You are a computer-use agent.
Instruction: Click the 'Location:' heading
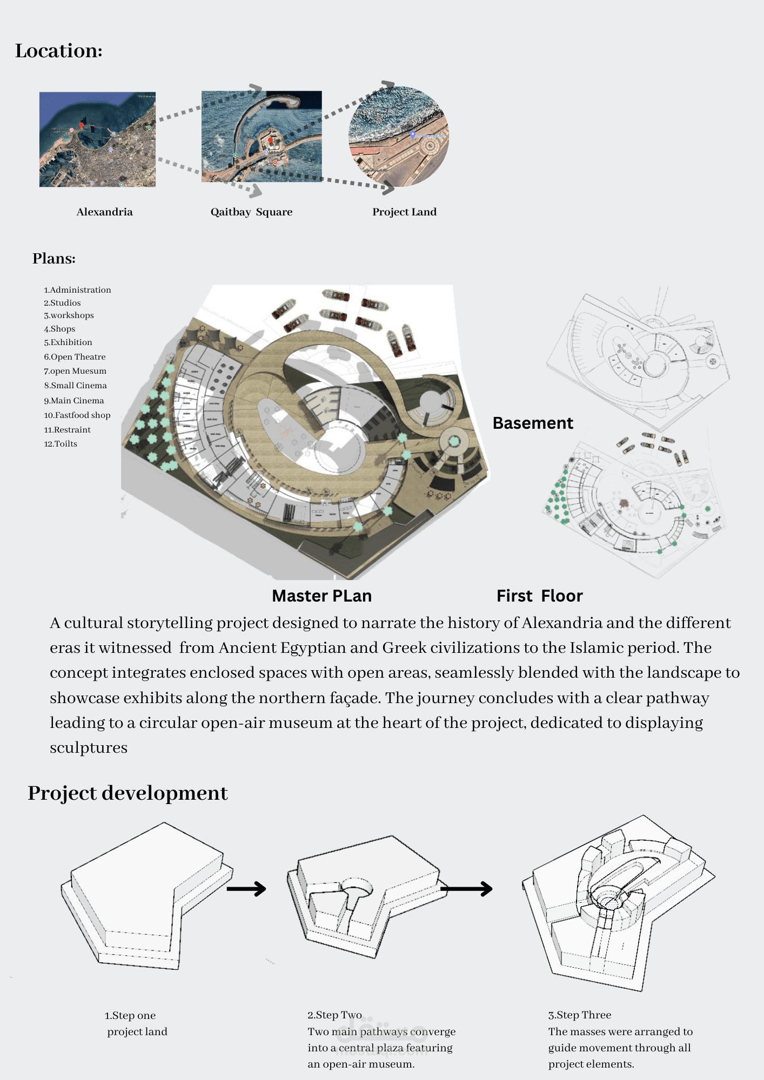pyautogui.click(x=59, y=51)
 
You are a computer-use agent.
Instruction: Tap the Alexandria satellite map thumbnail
pyautogui.click(x=97, y=139)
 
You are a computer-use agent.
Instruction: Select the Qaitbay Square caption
pyautogui.click(x=251, y=212)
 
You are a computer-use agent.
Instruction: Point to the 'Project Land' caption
pyautogui.click(x=404, y=212)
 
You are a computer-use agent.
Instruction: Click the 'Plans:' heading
pyautogui.click(x=54, y=258)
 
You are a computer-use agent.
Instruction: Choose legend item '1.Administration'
pyautogui.click(x=77, y=290)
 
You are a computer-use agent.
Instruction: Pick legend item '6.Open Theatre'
pyautogui.click(x=75, y=357)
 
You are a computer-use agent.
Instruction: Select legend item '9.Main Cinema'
pyautogui.click(x=74, y=401)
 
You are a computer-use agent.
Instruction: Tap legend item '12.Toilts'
pyautogui.click(x=61, y=444)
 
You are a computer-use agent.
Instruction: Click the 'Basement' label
pyautogui.click(x=533, y=423)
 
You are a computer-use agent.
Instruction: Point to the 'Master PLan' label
pyautogui.click(x=321, y=596)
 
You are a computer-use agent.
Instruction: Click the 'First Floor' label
pyautogui.click(x=539, y=596)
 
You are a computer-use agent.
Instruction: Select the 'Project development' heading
pyautogui.click(x=128, y=793)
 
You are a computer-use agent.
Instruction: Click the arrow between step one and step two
pyautogui.click(x=246, y=888)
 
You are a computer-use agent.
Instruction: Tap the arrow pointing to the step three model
pyautogui.click(x=467, y=888)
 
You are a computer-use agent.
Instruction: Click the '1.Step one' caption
pyautogui.click(x=130, y=1015)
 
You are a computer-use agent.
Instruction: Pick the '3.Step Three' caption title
pyautogui.click(x=580, y=1015)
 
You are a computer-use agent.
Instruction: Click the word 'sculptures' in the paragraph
pyautogui.click(x=89, y=748)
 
